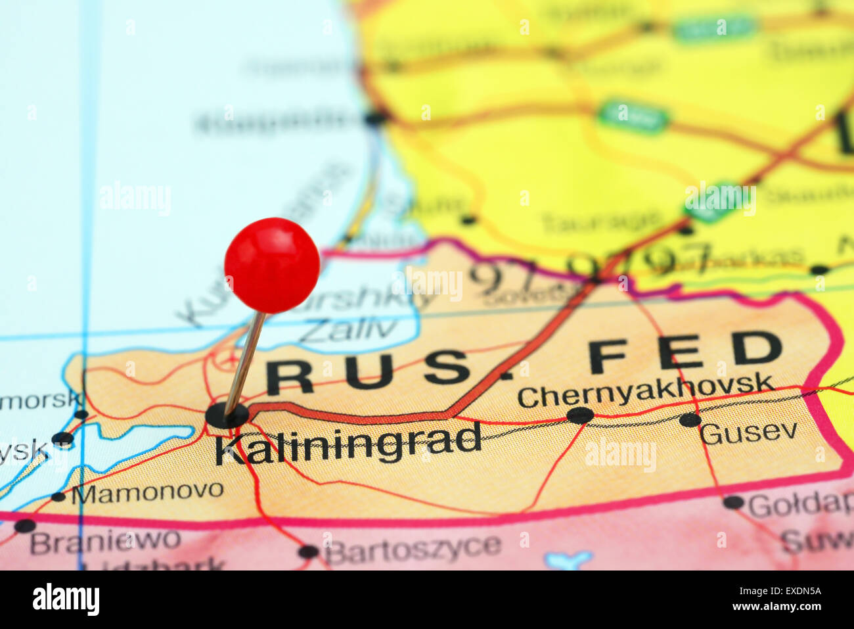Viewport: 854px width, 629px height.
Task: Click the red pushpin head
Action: point(272,265)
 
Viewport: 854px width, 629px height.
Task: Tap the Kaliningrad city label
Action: point(348,445)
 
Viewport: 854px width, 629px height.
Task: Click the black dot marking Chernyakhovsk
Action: point(580,415)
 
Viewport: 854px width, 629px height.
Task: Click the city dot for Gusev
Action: point(690,419)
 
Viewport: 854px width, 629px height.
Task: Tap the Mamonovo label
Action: point(148,491)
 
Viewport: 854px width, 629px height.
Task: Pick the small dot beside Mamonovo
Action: point(58,497)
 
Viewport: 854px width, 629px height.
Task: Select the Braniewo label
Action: point(105,542)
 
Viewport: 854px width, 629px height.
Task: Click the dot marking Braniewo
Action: point(25,526)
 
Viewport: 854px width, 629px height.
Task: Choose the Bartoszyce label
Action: point(413,549)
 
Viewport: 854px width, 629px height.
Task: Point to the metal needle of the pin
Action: point(246,361)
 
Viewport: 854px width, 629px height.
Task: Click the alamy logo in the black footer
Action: point(66,599)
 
